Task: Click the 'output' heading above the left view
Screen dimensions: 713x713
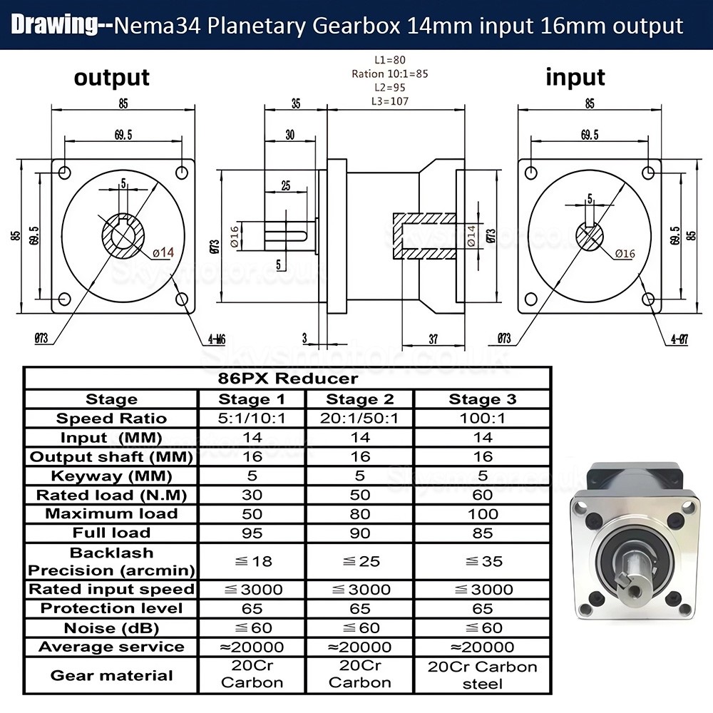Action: pyautogui.click(x=111, y=77)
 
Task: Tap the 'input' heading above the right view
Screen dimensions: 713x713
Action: pyautogui.click(x=575, y=76)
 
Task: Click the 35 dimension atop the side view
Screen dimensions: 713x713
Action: pyautogui.click(x=295, y=103)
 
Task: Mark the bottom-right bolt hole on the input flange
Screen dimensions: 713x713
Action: pyautogui.click(x=648, y=299)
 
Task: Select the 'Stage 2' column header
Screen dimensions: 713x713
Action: pyautogui.click(x=359, y=399)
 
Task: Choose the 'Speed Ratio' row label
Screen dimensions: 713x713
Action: pyautogui.click(x=111, y=419)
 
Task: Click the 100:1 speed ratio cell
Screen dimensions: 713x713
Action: pyautogui.click(x=483, y=419)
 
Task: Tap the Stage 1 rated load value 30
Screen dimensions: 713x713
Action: pyautogui.click(x=252, y=495)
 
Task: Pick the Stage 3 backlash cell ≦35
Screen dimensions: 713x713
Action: pyautogui.click(x=483, y=561)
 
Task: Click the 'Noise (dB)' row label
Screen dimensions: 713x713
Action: pyautogui.click(x=111, y=628)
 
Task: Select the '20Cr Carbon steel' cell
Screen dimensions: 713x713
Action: pyautogui.click(x=483, y=674)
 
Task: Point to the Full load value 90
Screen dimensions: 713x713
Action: pyautogui.click(x=359, y=533)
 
